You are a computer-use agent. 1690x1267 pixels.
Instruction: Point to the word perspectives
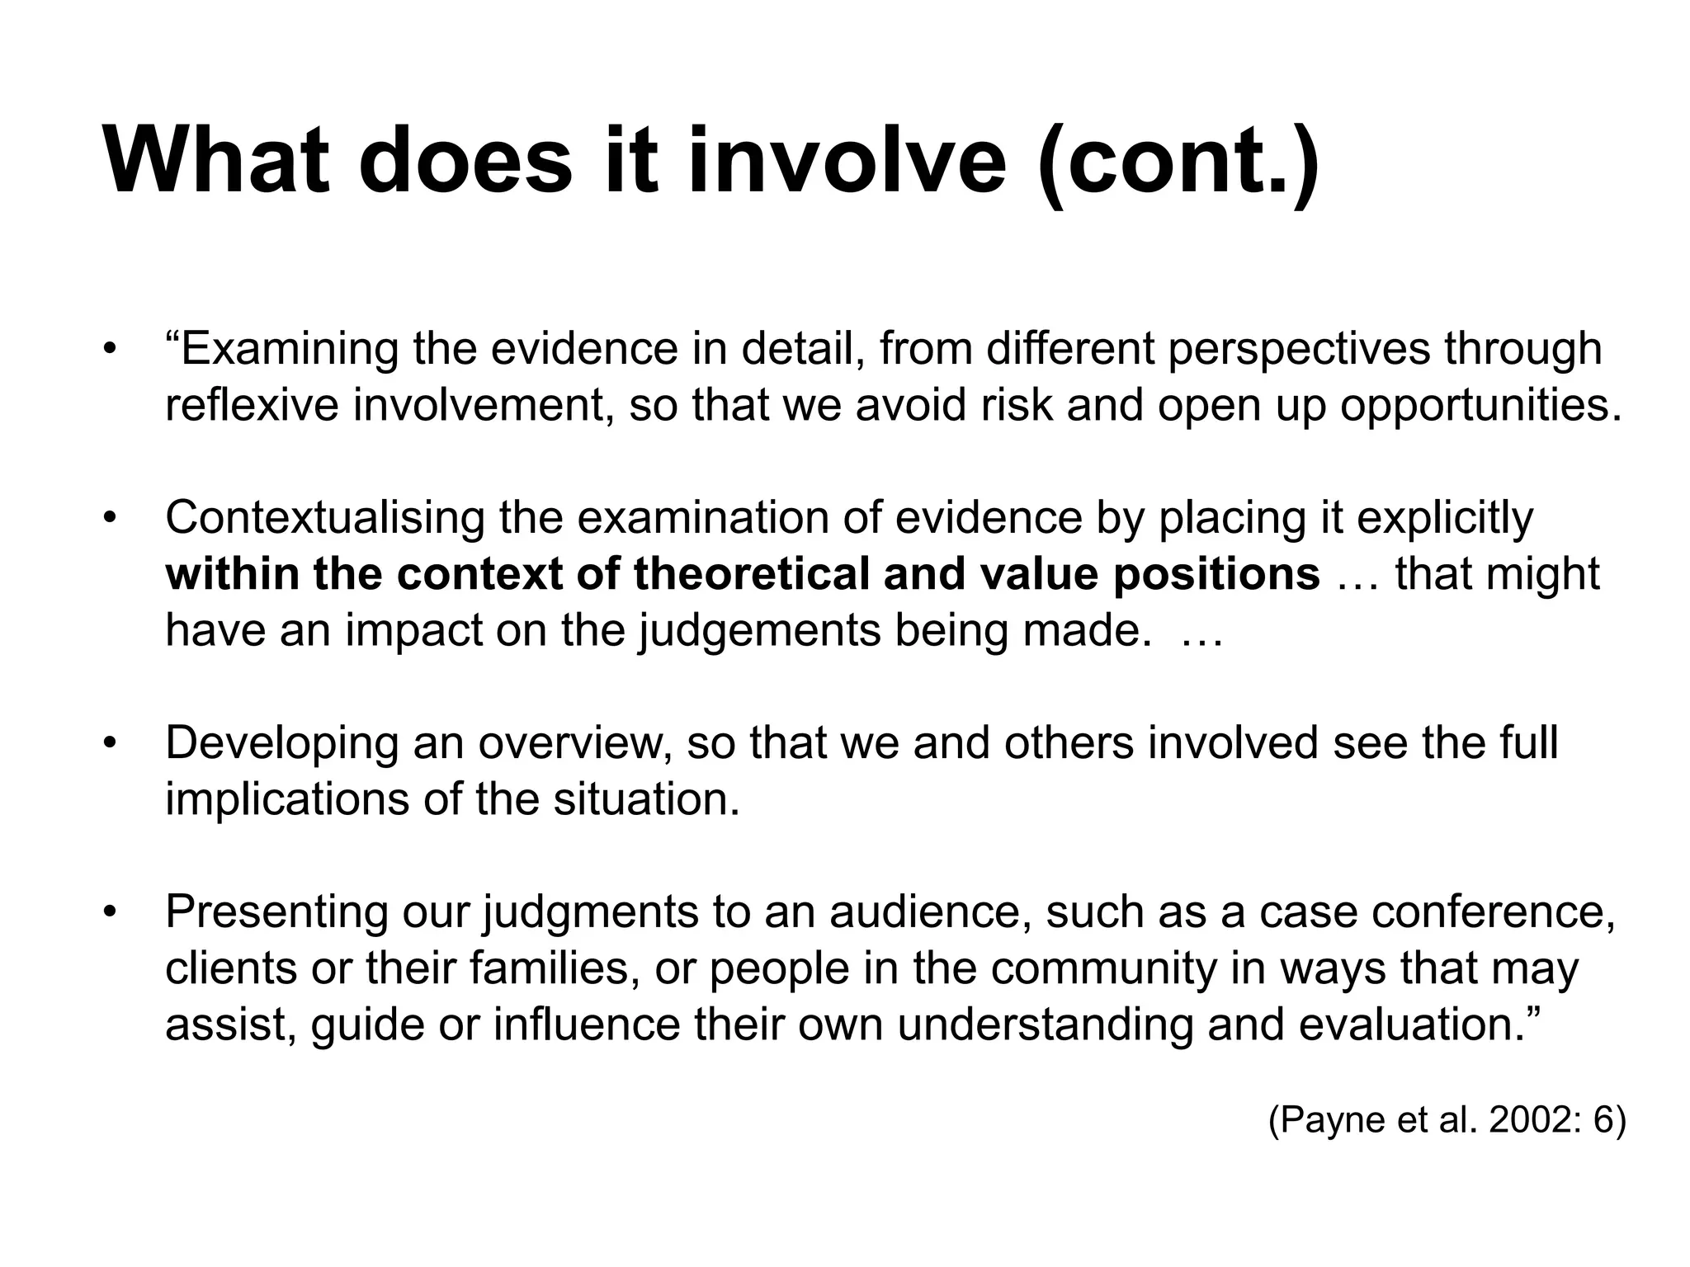point(1298,350)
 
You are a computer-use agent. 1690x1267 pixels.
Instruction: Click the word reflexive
point(252,406)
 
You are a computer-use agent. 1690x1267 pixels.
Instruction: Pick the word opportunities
point(1480,406)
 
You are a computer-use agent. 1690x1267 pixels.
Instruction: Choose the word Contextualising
point(324,518)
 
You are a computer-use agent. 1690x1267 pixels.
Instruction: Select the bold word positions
point(1216,574)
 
